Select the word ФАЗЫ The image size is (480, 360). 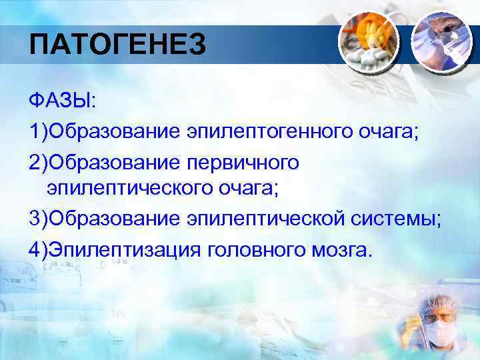pyautogui.click(x=62, y=101)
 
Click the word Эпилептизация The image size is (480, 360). pyautogui.click(x=124, y=249)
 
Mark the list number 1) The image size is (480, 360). pyautogui.click(x=39, y=131)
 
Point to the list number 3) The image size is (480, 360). pyautogui.click(x=39, y=219)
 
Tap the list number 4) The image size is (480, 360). pyautogui.click(x=39, y=249)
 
